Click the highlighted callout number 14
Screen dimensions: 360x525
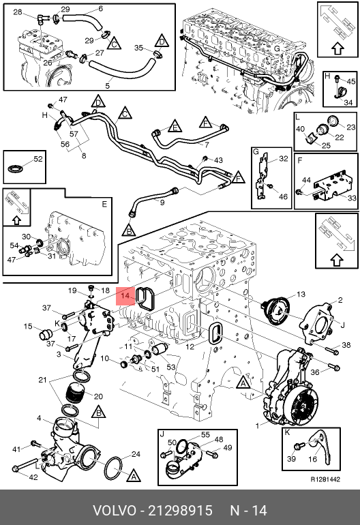[x=125, y=296]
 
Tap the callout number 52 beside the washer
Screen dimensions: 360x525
[x=38, y=158]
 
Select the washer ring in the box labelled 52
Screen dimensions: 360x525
[x=15, y=169]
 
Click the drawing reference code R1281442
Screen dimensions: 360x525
[x=325, y=479]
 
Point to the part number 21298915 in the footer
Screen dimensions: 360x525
[x=180, y=511]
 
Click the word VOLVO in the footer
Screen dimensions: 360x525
[x=114, y=511]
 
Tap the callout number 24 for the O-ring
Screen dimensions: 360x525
[x=136, y=454]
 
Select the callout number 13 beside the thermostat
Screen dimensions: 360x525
[x=301, y=294]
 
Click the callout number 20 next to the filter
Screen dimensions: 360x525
[x=98, y=396]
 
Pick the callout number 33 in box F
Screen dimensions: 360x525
[x=352, y=198]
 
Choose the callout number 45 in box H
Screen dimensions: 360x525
[x=351, y=81]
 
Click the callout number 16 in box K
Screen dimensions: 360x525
[x=312, y=458]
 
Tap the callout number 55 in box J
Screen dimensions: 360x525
[x=205, y=434]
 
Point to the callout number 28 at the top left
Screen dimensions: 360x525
[x=18, y=12]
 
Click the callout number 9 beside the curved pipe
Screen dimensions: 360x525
[x=162, y=202]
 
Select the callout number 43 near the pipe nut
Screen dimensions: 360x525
[x=218, y=160]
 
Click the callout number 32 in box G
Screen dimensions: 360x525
[x=284, y=158]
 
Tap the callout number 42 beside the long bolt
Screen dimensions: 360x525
[x=33, y=477]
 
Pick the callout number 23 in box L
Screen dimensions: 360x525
[x=350, y=127]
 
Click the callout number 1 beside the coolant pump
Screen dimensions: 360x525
[x=257, y=426]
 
